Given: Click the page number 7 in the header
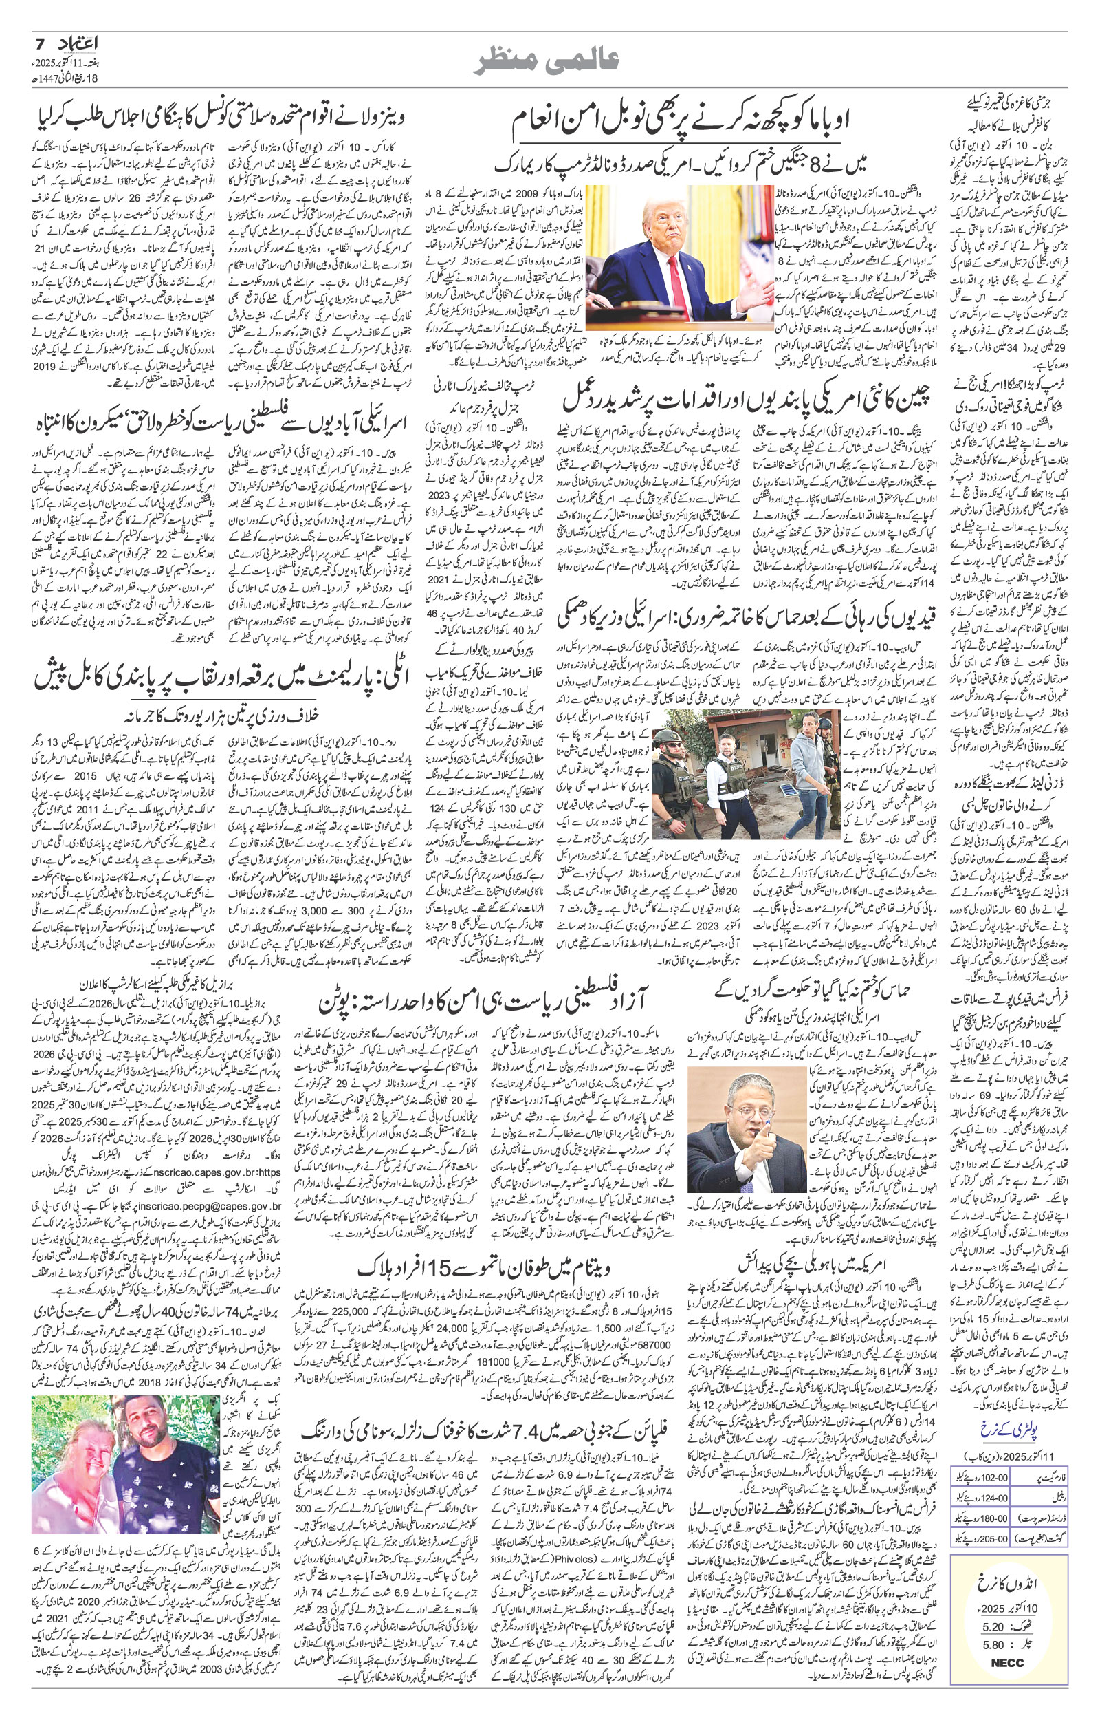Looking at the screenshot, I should tap(40, 44).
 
